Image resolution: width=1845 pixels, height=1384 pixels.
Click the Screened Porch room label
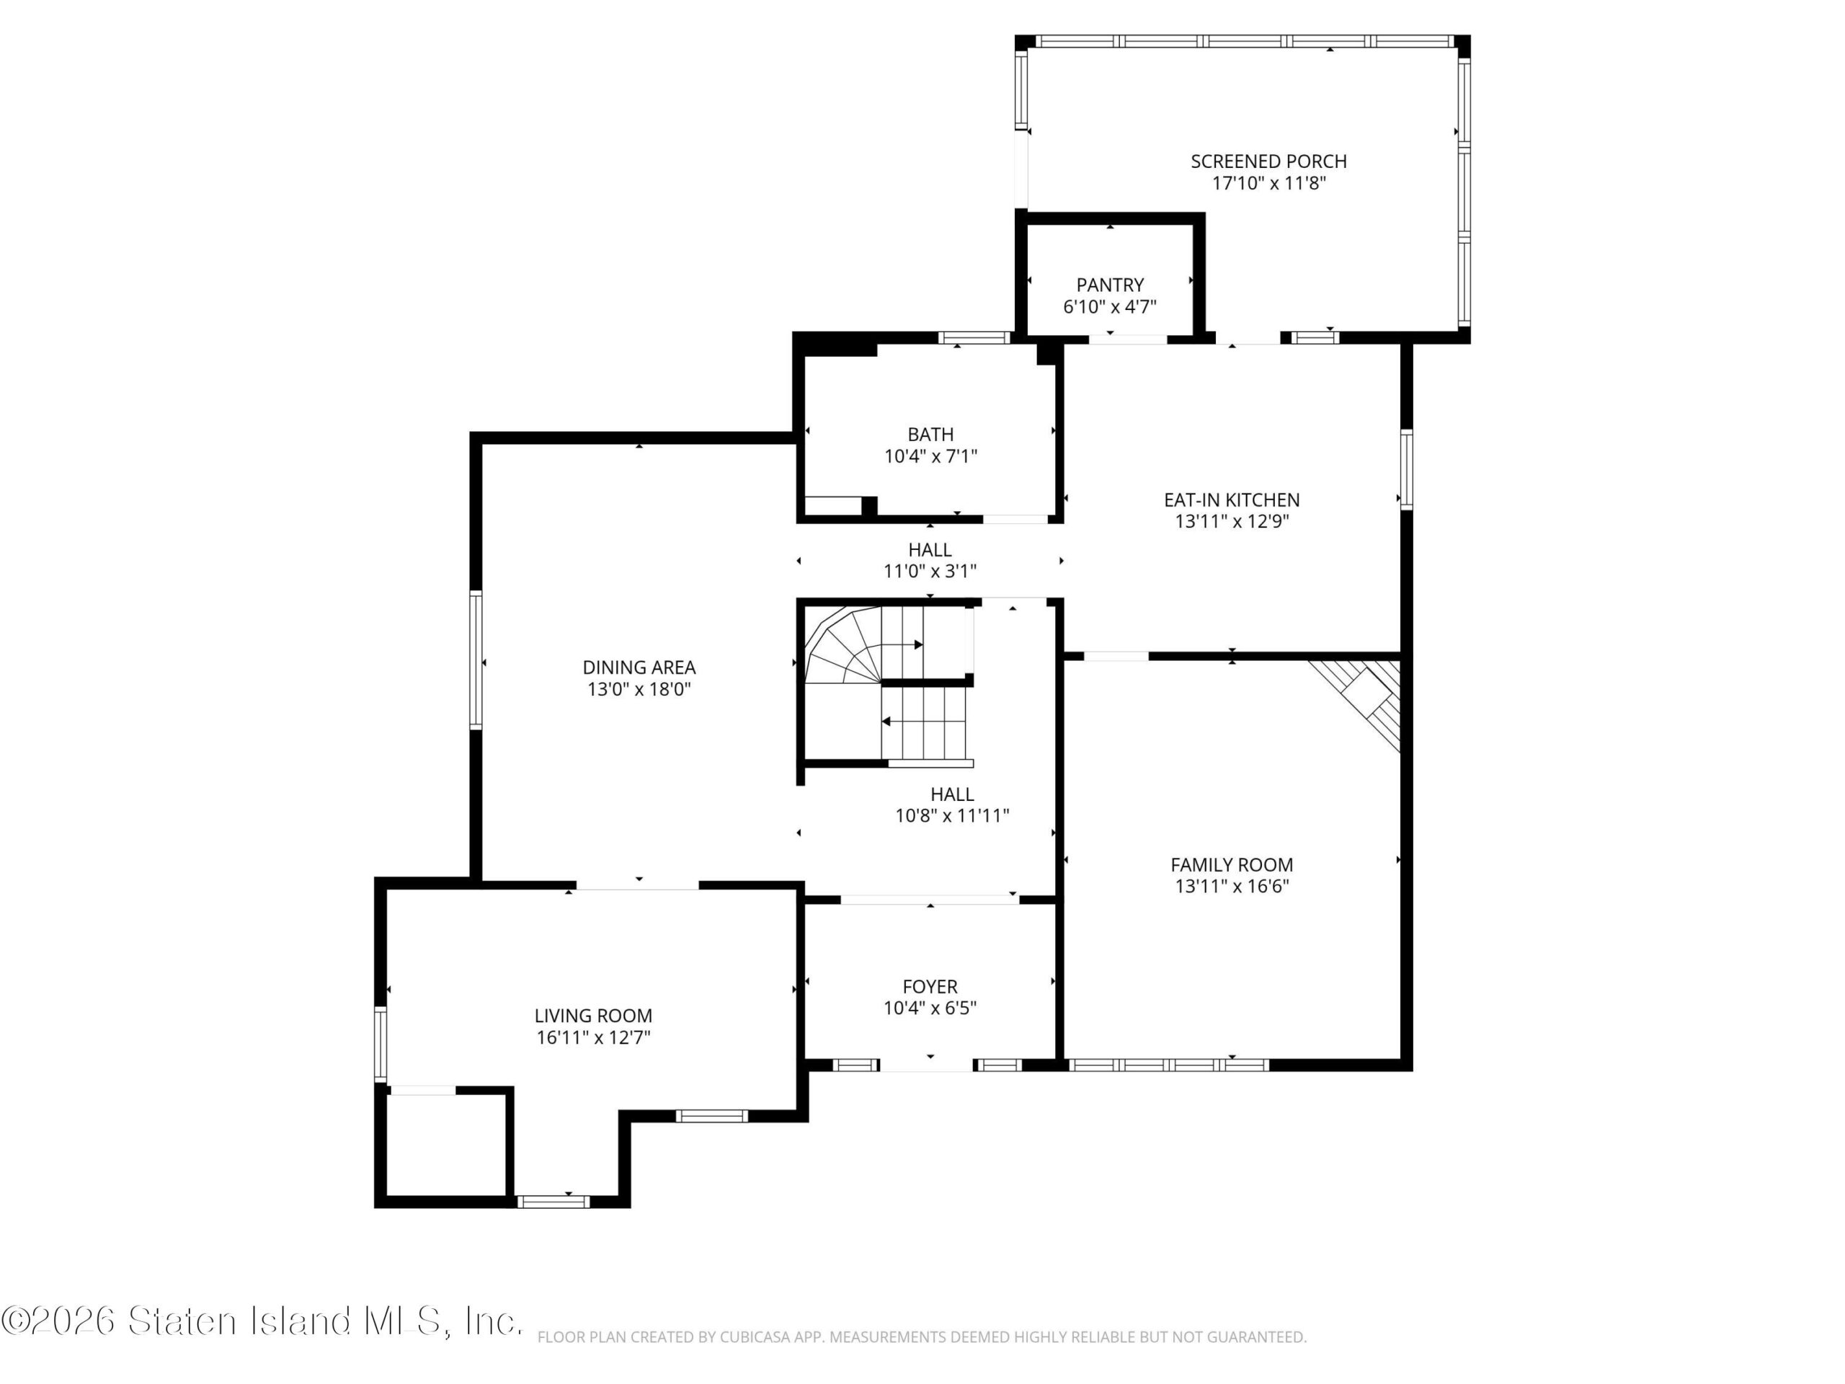point(1268,161)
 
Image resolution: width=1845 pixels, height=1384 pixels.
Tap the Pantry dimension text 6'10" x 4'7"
point(1109,306)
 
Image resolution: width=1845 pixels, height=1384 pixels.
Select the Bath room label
point(930,435)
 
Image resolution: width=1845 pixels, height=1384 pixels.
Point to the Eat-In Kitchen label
point(1231,500)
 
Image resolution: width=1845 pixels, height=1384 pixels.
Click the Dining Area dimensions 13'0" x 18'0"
point(639,689)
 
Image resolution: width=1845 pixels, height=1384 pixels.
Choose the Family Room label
point(1231,865)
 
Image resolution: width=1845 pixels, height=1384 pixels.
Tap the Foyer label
point(930,987)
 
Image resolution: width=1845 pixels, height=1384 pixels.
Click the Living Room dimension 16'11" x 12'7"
point(593,1038)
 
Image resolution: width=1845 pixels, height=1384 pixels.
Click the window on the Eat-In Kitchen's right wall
point(1406,470)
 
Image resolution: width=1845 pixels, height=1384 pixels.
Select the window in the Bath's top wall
point(974,338)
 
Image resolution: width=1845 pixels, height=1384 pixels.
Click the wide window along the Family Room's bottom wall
point(1168,1065)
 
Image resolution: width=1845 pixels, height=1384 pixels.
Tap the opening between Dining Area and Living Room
point(637,885)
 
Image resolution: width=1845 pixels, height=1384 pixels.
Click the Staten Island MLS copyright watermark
point(262,1321)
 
